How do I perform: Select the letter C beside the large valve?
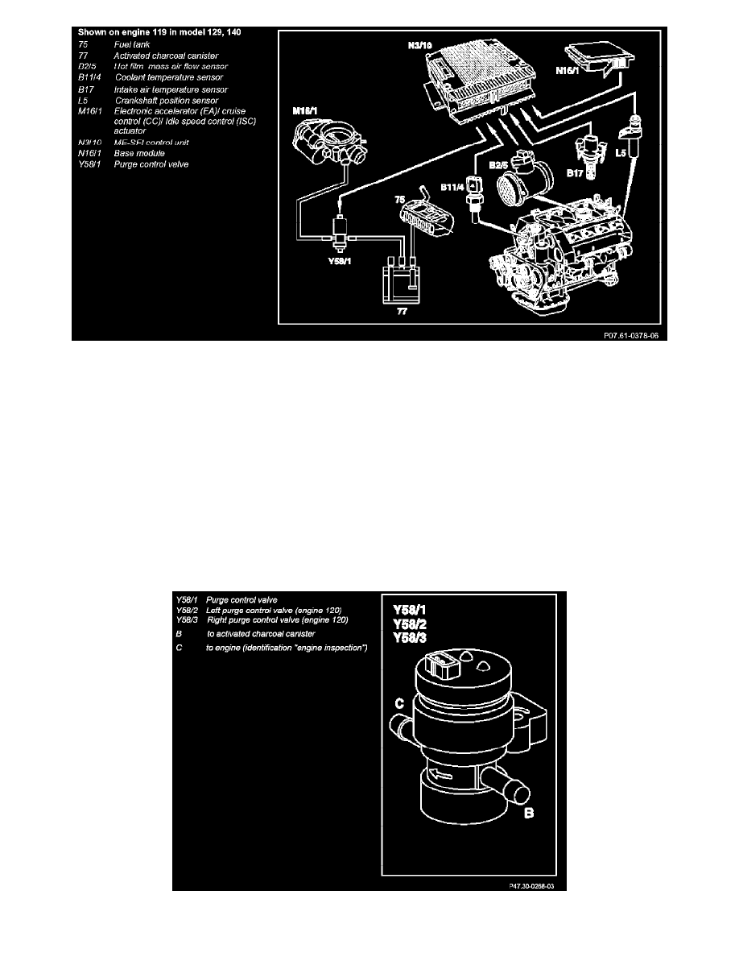pos(398,704)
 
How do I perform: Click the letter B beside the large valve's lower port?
pos(530,814)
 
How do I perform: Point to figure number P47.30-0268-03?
pos(527,883)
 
